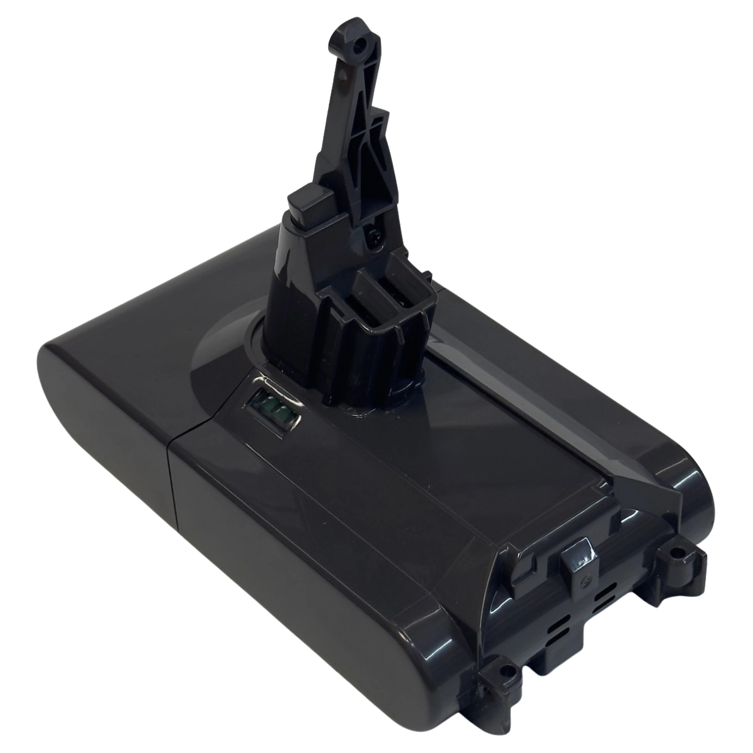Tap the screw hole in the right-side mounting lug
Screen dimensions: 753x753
(676, 554)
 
